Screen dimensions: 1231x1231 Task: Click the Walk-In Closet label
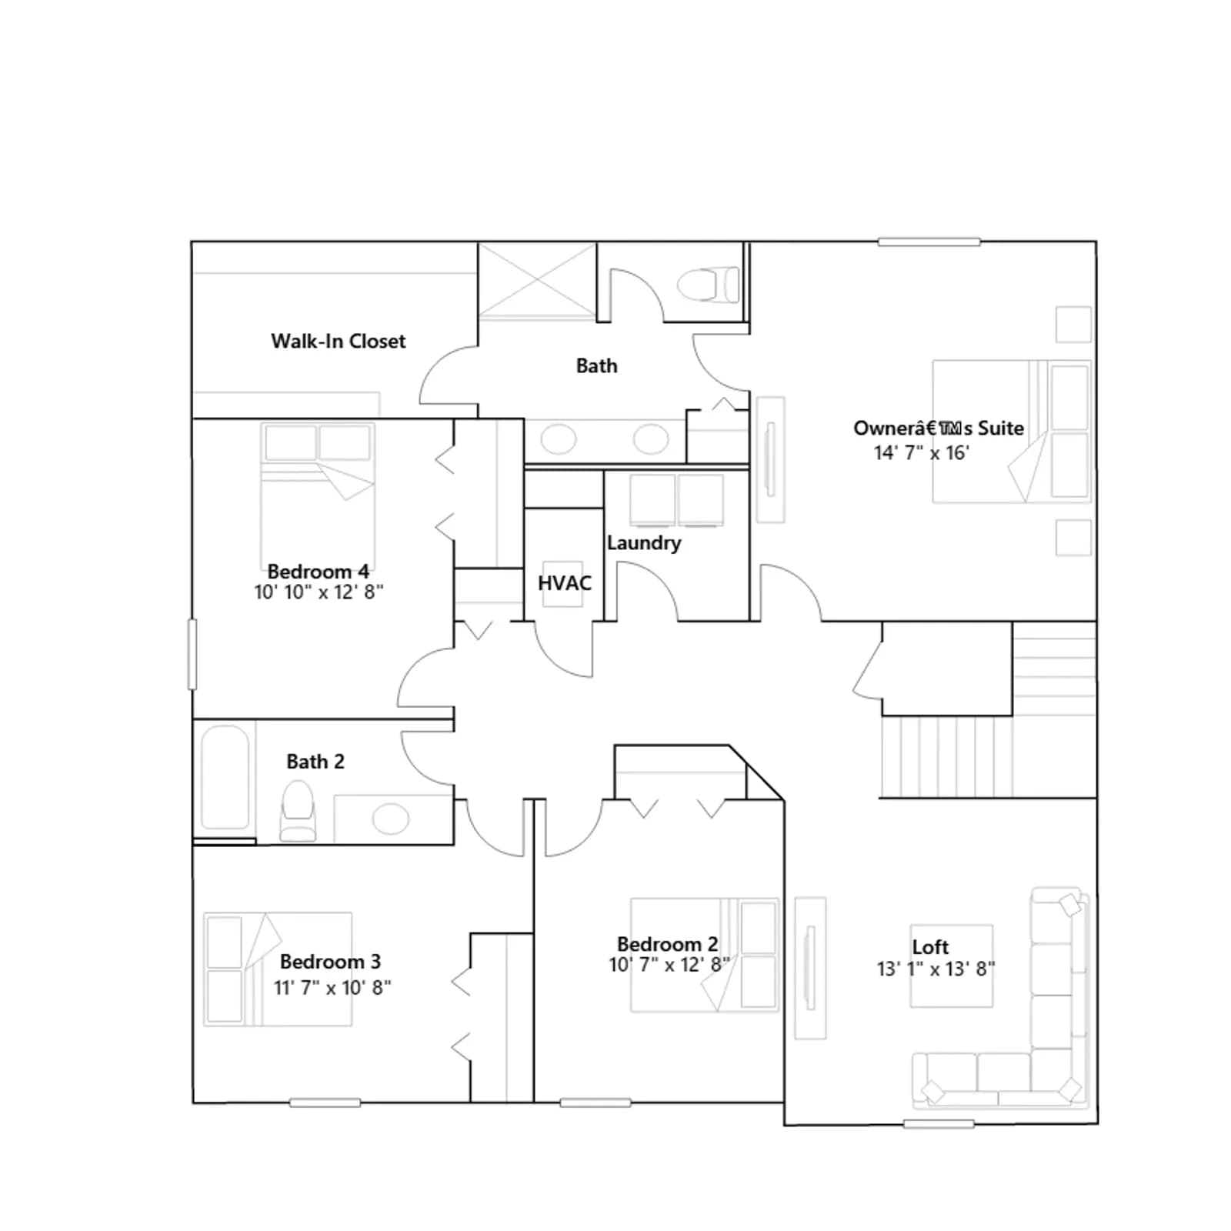coord(338,341)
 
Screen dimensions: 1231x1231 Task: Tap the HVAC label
coord(565,583)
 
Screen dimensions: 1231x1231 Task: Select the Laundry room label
coord(644,543)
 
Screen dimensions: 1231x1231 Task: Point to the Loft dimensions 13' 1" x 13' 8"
coord(936,969)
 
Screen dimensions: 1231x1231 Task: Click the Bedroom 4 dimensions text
coord(319,592)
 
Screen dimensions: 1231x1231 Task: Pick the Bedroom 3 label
coord(330,962)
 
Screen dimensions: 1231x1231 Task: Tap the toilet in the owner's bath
coord(708,285)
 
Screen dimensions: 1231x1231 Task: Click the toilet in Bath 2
coord(298,811)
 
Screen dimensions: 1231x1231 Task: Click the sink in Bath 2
coord(391,819)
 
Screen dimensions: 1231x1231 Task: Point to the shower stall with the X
coord(537,280)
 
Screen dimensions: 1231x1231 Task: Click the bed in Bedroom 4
coord(318,496)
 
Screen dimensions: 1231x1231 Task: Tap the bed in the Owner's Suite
coord(1012,432)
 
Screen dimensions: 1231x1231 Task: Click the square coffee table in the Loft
coord(952,966)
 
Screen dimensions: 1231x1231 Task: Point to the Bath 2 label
coord(315,762)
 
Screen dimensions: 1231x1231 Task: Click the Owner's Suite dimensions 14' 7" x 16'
coord(922,452)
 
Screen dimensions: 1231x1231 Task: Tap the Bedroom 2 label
coord(668,944)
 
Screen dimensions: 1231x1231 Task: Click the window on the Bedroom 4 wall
coord(192,654)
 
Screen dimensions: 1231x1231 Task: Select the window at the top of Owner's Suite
coord(929,242)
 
